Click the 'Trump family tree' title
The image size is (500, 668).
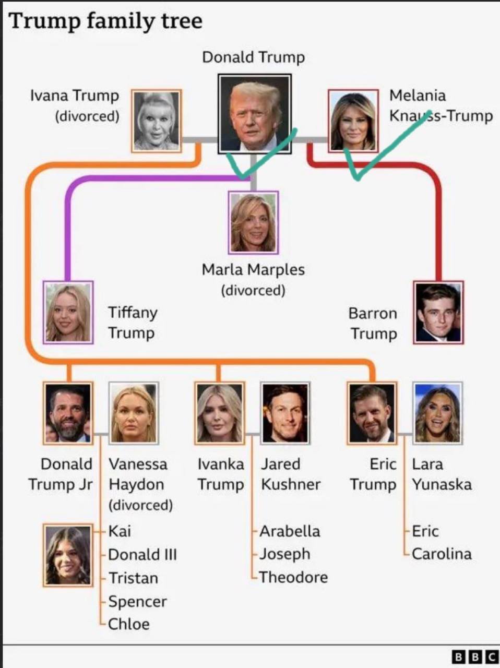(105, 21)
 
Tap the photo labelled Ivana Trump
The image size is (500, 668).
(157, 121)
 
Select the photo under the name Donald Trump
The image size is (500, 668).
(255, 114)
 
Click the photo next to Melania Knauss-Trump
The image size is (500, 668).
(353, 121)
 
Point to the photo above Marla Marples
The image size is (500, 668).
(253, 223)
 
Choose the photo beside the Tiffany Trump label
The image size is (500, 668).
(68, 313)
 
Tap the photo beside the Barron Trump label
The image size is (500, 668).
(438, 313)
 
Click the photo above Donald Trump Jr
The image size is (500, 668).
(68, 413)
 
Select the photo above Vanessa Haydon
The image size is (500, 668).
(134, 413)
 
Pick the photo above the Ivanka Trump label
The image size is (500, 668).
(220, 413)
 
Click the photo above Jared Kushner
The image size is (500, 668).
(285, 413)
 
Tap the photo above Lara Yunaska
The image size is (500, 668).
(437, 413)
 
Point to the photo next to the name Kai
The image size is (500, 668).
(68, 555)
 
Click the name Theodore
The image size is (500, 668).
(294, 577)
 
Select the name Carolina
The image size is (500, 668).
(442, 554)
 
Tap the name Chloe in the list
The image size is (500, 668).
(129, 624)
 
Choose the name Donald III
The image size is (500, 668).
(142, 554)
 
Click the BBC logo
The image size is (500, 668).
(475, 658)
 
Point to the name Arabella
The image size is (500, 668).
(290, 531)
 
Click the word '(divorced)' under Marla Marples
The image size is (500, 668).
(253, 290)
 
